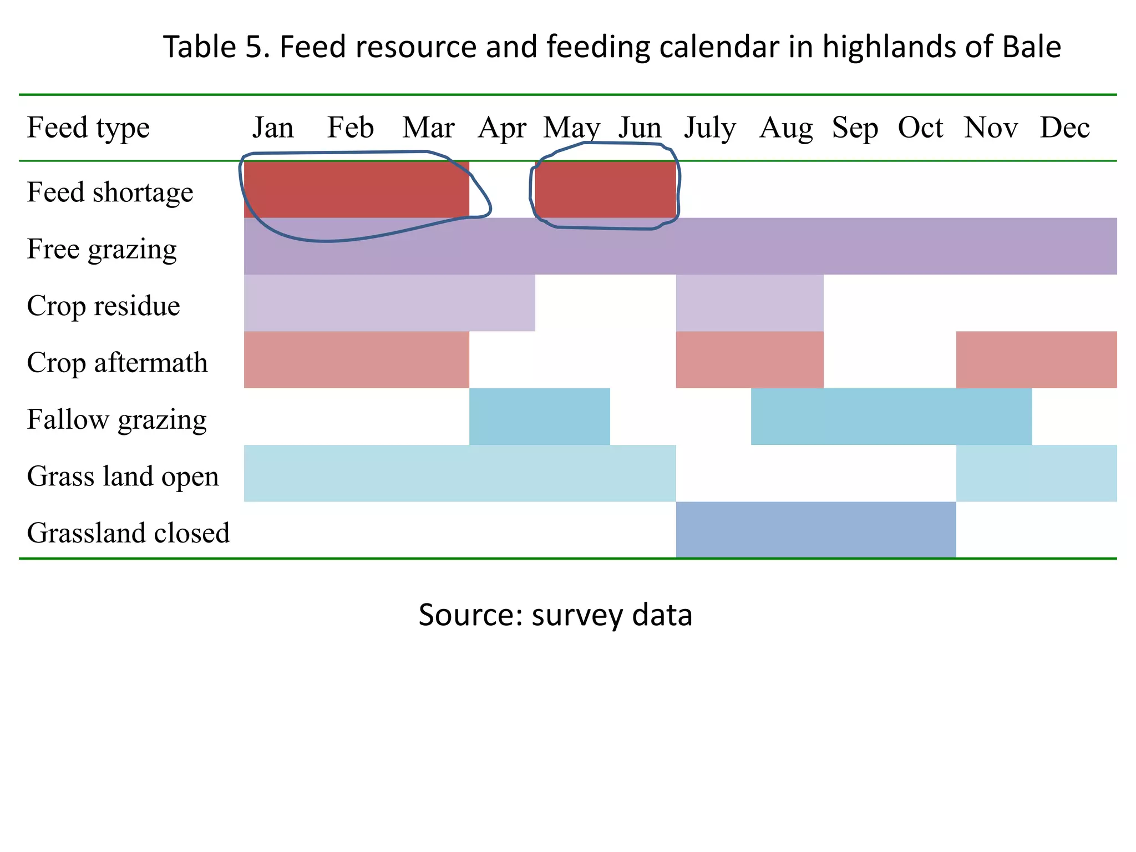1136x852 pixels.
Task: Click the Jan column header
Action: click(273, 128)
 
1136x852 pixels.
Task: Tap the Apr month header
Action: click(502, 128)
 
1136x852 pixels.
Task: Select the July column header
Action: click(709, 128)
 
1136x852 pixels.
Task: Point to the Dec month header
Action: click(1064, 128)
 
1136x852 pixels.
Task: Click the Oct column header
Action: click(920, 128)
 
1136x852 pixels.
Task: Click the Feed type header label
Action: click(88, 128)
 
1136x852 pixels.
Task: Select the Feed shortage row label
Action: click(110, 192)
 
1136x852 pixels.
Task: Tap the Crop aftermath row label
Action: click(117, 363)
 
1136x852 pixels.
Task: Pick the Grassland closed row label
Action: click(128, 533)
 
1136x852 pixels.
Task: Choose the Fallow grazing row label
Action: click(116, 420)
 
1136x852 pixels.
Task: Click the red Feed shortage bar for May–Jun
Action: click(605, 190)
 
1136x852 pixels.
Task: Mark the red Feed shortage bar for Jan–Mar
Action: click(356, 190)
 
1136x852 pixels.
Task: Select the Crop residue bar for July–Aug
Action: click(749, 303)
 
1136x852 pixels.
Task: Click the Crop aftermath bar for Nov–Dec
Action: click(1036, 359)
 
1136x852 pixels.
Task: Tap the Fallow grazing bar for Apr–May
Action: click(539, 417)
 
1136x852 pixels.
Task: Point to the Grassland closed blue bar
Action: click(815, 530)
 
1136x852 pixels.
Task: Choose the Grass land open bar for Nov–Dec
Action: click(1036, 473)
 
